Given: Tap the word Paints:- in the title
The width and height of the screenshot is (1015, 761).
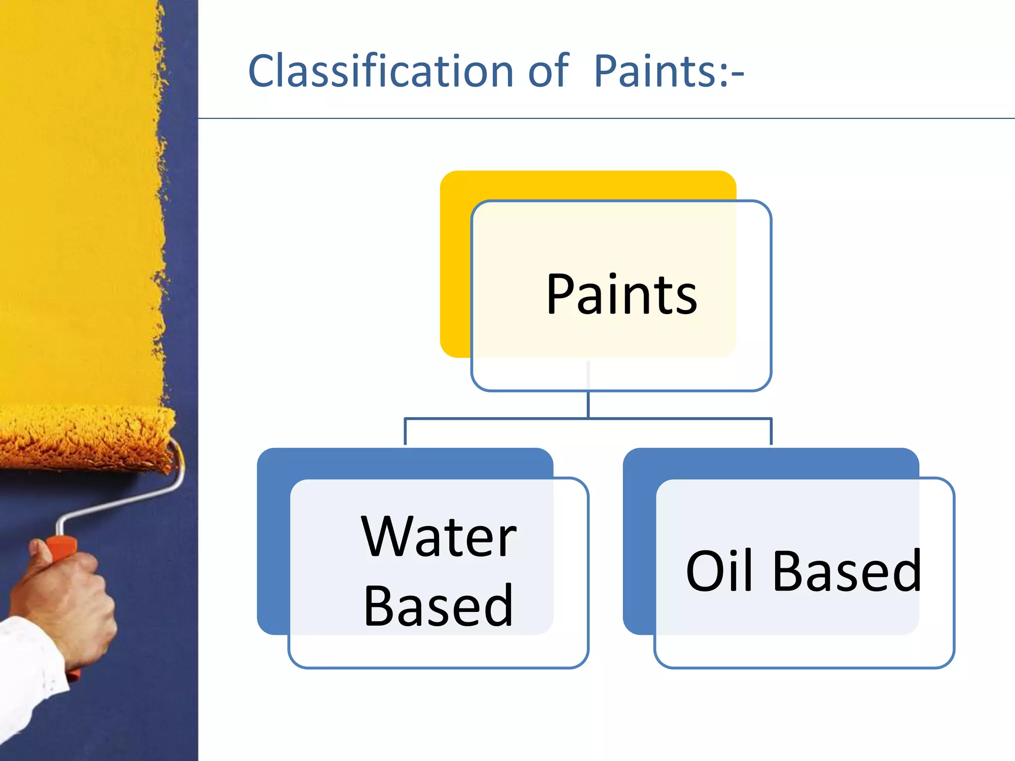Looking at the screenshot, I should point(668,72).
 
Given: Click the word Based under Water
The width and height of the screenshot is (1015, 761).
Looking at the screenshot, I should point(438,605).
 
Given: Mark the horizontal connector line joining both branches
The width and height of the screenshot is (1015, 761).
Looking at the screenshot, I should point(496,419).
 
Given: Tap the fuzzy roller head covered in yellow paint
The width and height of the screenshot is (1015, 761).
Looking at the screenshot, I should point(84,438).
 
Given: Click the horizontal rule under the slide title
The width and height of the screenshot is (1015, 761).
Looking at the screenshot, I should point(595,118).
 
